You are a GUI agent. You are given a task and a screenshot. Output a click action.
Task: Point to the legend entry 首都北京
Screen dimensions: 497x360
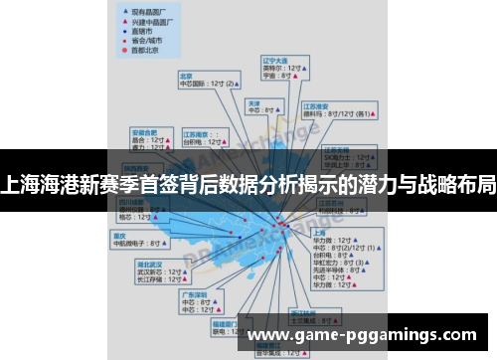click(147, 49)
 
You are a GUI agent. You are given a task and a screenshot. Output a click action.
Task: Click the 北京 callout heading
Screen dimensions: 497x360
click(185, 75)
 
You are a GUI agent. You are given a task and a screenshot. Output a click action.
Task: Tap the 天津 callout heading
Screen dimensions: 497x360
click(253, 102)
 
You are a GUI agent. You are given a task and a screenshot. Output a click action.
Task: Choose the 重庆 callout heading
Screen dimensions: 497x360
click(120, 235)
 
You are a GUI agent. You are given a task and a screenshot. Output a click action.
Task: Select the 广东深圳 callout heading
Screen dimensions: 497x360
click(193, 294)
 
